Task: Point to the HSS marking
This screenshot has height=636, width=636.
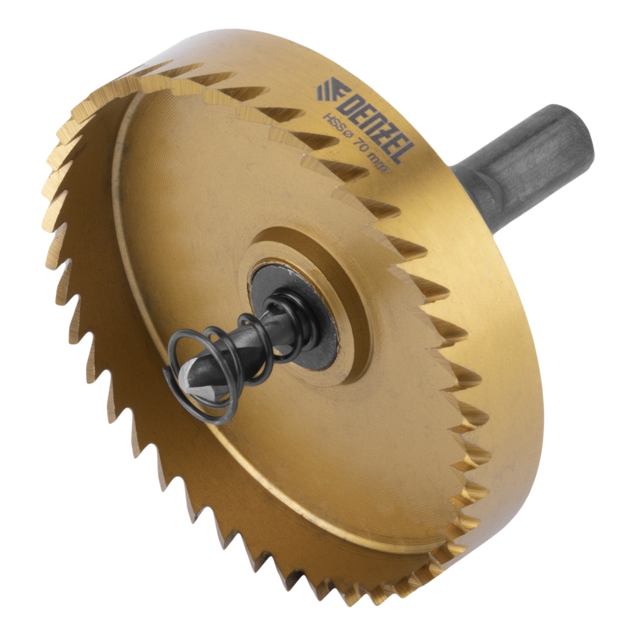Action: (331, 123)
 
